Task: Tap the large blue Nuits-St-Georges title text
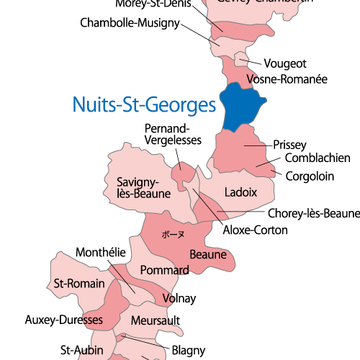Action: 144,105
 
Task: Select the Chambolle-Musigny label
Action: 130,24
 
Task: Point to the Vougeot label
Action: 285,63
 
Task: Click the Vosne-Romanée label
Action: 287,78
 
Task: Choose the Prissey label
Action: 290,145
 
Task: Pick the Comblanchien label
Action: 318,158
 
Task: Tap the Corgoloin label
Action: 310,176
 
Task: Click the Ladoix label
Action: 240,192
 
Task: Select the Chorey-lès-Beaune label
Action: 313,214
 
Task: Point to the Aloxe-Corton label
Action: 256,230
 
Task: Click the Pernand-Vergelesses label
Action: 173,134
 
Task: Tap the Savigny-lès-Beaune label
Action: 143,188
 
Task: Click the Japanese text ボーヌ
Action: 173,235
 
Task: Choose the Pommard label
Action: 164,270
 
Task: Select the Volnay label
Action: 179,297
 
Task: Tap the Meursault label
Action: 156,320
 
